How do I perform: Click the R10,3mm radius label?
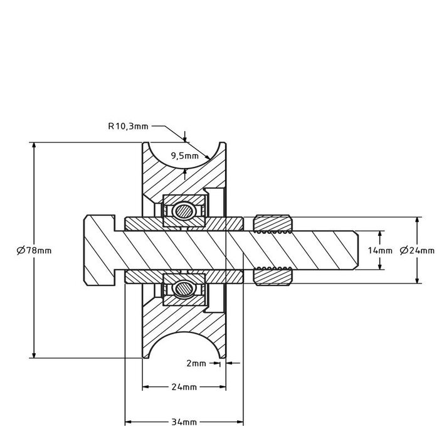click(x=128, y=125)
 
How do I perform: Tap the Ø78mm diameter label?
click(x=34, y=250)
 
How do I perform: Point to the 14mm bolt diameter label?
click(x=380, y=250)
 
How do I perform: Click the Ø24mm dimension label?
click(x=417, y=250)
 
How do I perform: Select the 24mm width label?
click(x=184, y=387)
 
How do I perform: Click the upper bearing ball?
click(x=184, y=211)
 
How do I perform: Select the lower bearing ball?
click(x=184, y=288)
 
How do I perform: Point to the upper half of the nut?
click(x=273, y=223)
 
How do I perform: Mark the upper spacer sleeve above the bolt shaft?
click(x=184, y=223)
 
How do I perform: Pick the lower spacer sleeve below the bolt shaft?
click(x=184, y=277)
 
